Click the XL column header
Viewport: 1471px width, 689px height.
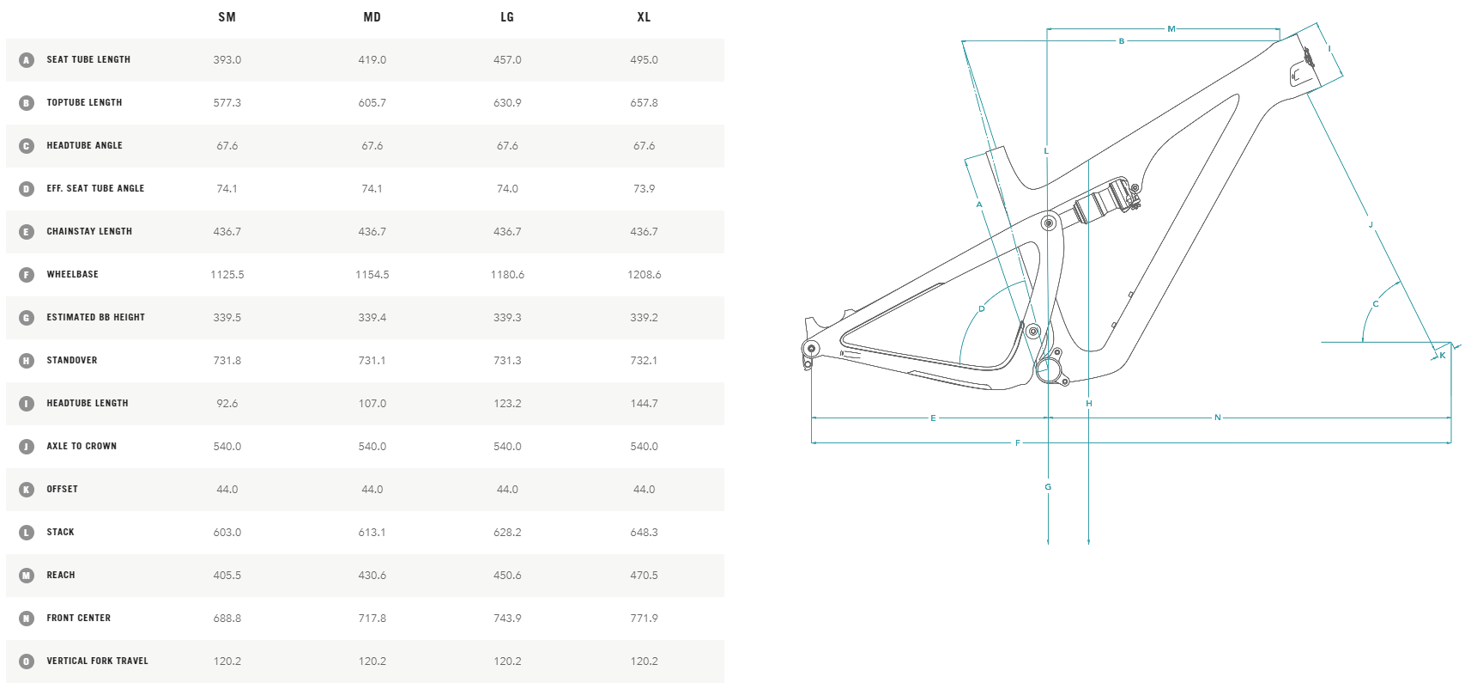[x=644, y=17]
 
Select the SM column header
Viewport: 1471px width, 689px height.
[x=227, y=17]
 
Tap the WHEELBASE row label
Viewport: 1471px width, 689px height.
[x=72, y=275]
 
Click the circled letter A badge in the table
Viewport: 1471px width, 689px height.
[x=27, y=60]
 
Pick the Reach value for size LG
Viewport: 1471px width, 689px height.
[x=507, y=576]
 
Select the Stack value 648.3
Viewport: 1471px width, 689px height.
[x=644, y=533]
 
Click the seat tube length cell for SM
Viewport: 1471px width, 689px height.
[x=227, y=60]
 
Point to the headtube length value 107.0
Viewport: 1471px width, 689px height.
[x=372, y=404]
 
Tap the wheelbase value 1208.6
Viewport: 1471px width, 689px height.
[x=644, y=275]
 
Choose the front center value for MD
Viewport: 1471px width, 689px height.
[x=372, y=619]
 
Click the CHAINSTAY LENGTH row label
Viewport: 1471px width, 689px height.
[x=89, y=232]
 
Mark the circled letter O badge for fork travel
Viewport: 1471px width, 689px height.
[x=27, y=662]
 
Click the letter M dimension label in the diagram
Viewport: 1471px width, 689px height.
[x=1171, y=29]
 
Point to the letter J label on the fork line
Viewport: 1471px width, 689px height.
[x=1371, y=225]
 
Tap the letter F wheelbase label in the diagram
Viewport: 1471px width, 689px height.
[x=1018, y=443]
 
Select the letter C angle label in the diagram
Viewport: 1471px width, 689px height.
[x=1375, y=304]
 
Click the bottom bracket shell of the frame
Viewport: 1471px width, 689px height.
[x=1049, y=370]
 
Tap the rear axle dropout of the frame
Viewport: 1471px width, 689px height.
[x=810, y=348]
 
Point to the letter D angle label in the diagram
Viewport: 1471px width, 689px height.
[x=982, y=309]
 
